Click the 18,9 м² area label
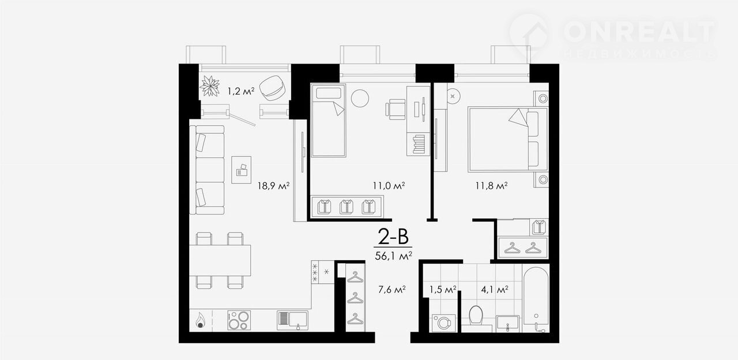273,186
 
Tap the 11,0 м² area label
389,186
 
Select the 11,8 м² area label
491,186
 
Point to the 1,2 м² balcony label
241,91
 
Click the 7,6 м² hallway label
391,290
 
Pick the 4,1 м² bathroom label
495,290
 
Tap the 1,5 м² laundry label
442,290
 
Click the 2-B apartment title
393,237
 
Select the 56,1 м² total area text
393,256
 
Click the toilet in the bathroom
476,315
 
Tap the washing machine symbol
444,323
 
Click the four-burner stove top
239,320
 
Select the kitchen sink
292,320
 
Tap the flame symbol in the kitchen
199,320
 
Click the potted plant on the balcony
210,86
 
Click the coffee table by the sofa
241,170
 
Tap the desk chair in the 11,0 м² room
396,109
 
